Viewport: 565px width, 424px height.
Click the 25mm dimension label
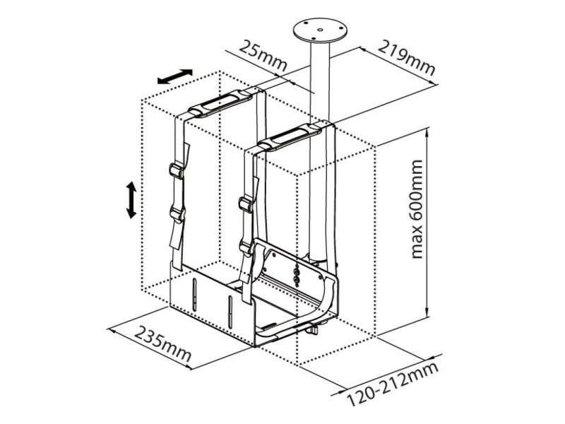pyautogui.click(x=263, y=55)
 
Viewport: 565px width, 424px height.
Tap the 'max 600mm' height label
pyautogui.click(x=417, y=209)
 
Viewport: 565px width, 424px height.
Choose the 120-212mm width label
pyautogui.click(x=393, y=384)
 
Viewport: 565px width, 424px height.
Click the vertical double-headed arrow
pyautogui.click(x=131, y=200)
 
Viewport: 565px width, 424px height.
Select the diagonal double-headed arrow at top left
pyautogui.click(x=175, y=76)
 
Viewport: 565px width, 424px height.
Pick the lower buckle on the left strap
pyautogui.click(x=177, y=215)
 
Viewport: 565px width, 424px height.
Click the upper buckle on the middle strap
pyautogui.click(x=246, y=204)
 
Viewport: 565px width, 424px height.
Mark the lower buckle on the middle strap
pyautogui.click(x=247, y=249)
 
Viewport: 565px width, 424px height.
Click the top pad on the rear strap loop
pyautogui.click(x=221, y=103)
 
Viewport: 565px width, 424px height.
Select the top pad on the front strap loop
pyautogui.click(x=290, y=137)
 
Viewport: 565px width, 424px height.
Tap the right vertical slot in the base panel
pyautogui.click(x=230, y=312)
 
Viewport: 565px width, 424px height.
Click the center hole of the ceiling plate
pyautogui.click(x=319, y=30)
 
